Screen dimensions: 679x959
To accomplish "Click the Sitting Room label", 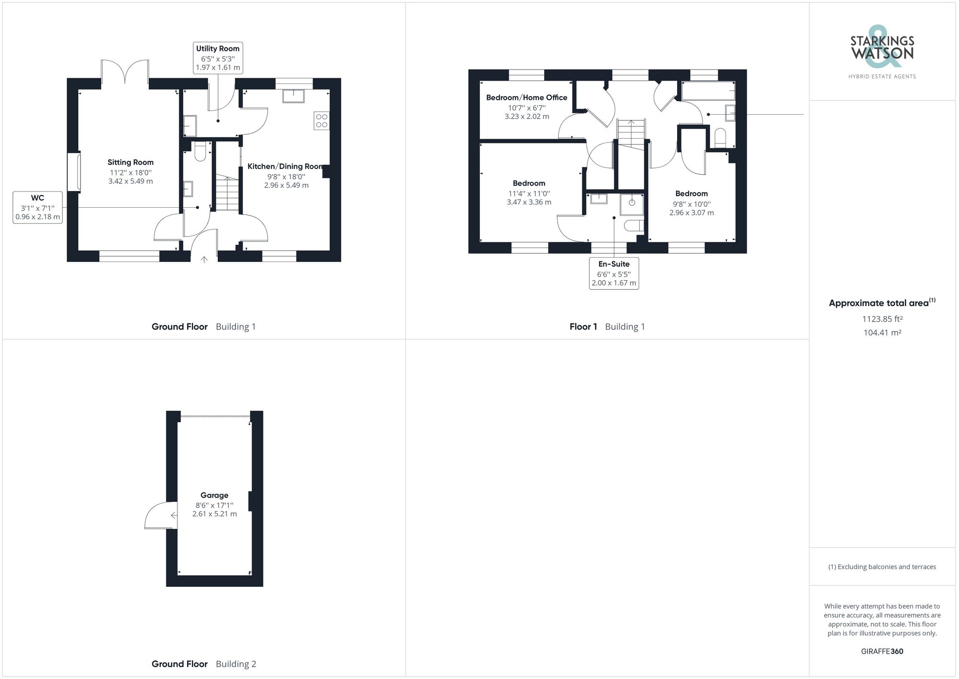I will pos(130,162).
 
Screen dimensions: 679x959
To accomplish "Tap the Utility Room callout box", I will pos(218,58).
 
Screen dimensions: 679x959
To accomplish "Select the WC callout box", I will pos(38,207).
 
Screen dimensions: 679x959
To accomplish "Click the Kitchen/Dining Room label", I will pos(285,167).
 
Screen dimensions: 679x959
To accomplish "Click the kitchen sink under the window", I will pos(293,95).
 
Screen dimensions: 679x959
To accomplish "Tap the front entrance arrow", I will pos(204,260).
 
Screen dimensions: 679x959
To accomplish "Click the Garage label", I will pos(214,495).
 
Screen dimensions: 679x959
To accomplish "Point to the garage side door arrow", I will pos(174,515).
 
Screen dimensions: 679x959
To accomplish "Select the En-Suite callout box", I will pos(614,274).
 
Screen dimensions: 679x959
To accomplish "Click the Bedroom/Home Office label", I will pos(526,97).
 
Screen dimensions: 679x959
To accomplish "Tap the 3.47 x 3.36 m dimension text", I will pos(529,203).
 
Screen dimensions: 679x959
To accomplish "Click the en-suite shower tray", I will pos(632,203).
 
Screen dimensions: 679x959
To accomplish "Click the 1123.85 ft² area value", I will pos(882,319).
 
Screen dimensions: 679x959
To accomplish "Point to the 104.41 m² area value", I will pos(882,333).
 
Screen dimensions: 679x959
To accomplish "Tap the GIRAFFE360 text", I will pos(882,651).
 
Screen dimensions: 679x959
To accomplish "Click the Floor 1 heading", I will pos(583,327).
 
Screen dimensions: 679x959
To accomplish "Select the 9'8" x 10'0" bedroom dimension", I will pos(691,204).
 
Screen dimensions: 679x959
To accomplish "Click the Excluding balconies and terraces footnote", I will pos(882,567).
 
